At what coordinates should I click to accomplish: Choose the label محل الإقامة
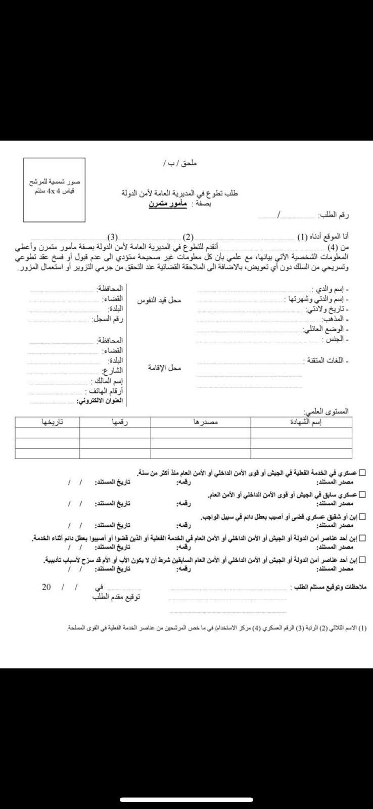(164, 368)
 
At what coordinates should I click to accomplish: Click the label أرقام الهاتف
(105, 391)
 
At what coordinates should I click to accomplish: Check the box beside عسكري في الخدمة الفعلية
(362, 473)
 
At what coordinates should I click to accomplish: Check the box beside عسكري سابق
(362, 495)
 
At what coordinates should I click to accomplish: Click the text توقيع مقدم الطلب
(116, 597)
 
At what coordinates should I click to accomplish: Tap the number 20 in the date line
(46, 587)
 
